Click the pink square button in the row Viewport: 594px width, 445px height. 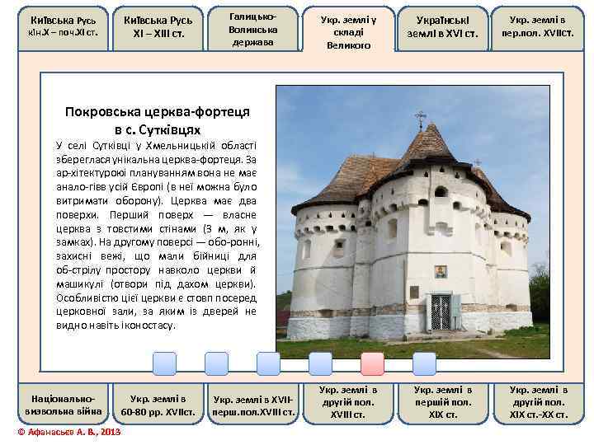point(372,363)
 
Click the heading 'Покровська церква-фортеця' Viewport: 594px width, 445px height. point(157,113)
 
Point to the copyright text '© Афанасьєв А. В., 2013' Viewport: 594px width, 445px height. point(69,432)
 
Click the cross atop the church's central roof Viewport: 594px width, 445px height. point(421,119)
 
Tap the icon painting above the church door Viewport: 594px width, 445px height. point(441,271)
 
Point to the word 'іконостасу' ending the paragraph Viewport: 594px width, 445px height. point(148,326)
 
